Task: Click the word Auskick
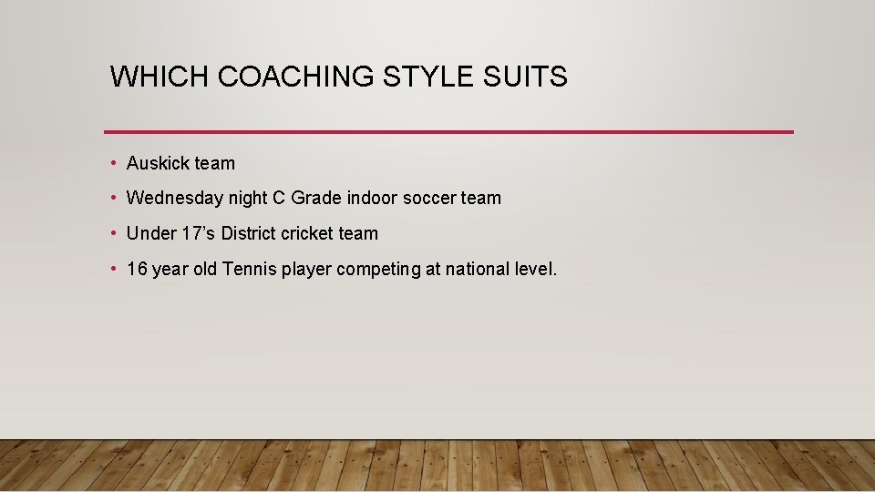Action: [158, 164]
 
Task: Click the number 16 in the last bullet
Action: [137, 269]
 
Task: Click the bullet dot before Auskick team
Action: [112, 164]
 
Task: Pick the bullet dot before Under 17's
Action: [112, 233]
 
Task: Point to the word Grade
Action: [316, 198]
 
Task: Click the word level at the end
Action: [536, 269]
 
